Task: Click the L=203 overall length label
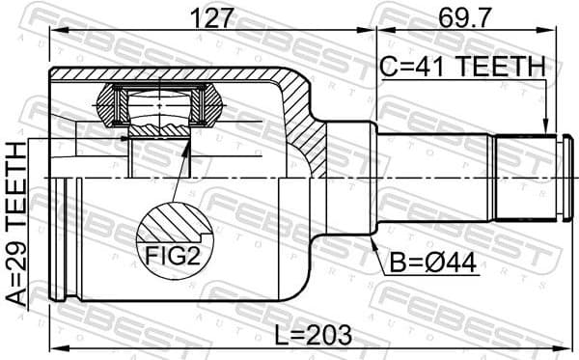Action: pos(306,334)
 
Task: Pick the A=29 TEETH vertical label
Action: pos(17,223)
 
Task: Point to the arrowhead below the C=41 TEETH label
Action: pos(545,129)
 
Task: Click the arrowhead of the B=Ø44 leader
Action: pos(374,242)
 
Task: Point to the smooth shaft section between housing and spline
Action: pos(434,179)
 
